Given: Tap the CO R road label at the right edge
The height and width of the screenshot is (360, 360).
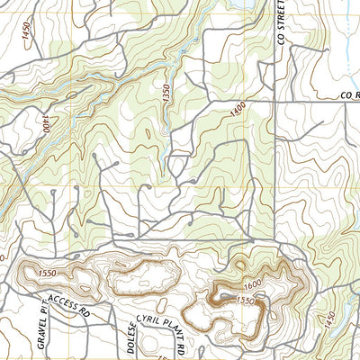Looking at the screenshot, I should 348,94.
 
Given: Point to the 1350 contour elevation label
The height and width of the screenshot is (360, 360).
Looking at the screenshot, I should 166,94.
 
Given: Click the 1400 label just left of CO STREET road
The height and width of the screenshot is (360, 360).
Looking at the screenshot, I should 238,107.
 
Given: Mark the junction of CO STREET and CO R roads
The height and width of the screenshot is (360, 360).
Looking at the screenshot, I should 274,101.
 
